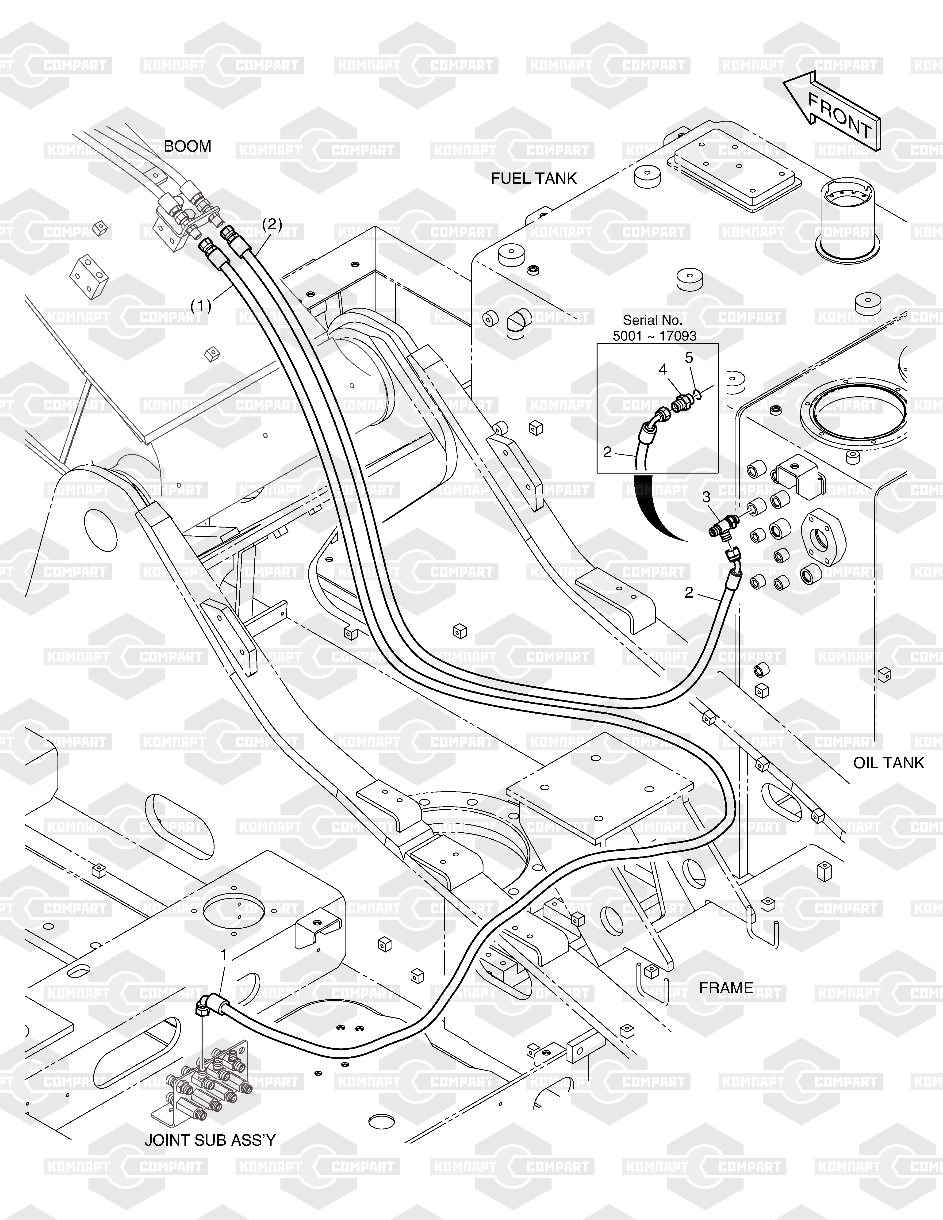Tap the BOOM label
pyautogui.click(x=187, y=146)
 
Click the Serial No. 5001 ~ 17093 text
pyautogui.click(x=654, y=328)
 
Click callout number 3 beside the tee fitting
pyautogui.click(x=706, y=497)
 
